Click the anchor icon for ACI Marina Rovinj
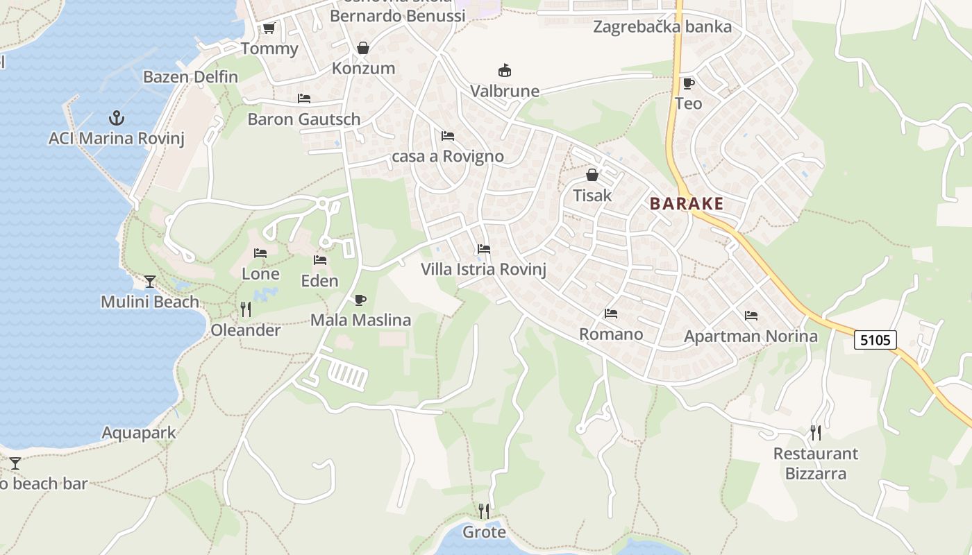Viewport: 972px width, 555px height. click(117, 117)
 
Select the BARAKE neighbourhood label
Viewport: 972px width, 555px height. click(687, 204)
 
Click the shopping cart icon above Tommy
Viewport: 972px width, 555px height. click(269, 28)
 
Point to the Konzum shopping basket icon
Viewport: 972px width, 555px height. click(362, 48)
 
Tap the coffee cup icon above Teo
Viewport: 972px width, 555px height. click(688, 83)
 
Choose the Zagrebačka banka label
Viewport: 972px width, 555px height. click(662, 27)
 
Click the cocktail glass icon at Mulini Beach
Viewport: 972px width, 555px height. click(149, 281)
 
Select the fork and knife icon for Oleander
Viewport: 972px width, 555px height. click(246, 309)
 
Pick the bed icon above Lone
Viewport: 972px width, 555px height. click(260, 253)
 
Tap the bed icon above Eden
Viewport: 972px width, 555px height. click(319, 260)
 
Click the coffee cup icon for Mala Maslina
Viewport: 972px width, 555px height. click(360, 300)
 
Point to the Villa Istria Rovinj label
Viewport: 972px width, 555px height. click(483, 270)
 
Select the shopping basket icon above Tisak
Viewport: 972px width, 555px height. click(592, 175)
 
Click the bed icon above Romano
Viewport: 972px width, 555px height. click(611, 314)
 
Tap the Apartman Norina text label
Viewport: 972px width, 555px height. click(751, 336)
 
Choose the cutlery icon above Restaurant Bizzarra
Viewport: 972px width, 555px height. click(816, 433)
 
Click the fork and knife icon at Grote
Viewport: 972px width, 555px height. click(484, 511)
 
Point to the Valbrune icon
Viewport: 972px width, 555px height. click(505, 71)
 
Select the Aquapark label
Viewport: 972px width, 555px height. click(139, 434)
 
